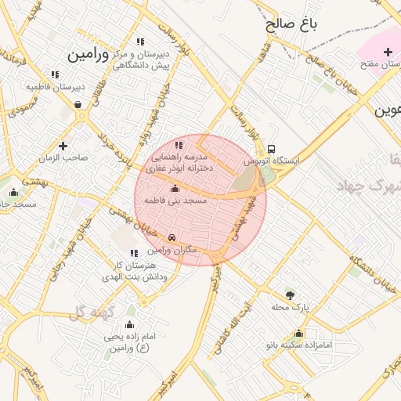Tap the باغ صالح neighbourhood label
click(x=292, y=23)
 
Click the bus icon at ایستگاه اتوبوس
click(x=271, y=149)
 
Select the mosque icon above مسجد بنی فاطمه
click(x=175, y=189)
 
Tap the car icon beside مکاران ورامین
click(x=172, y=237)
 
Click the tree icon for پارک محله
click(x=291, y=295)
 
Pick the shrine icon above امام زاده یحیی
click(x=130, y=324)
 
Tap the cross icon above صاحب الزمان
click(x=63, y=146)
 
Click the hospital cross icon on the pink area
click(x=388, y=52)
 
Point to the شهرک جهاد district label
click(x=368, y=185)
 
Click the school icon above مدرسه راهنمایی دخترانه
click(x=179, y=144)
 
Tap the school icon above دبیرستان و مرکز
click(x=140, y=42)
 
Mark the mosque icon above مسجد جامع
click(x=13, y=193)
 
